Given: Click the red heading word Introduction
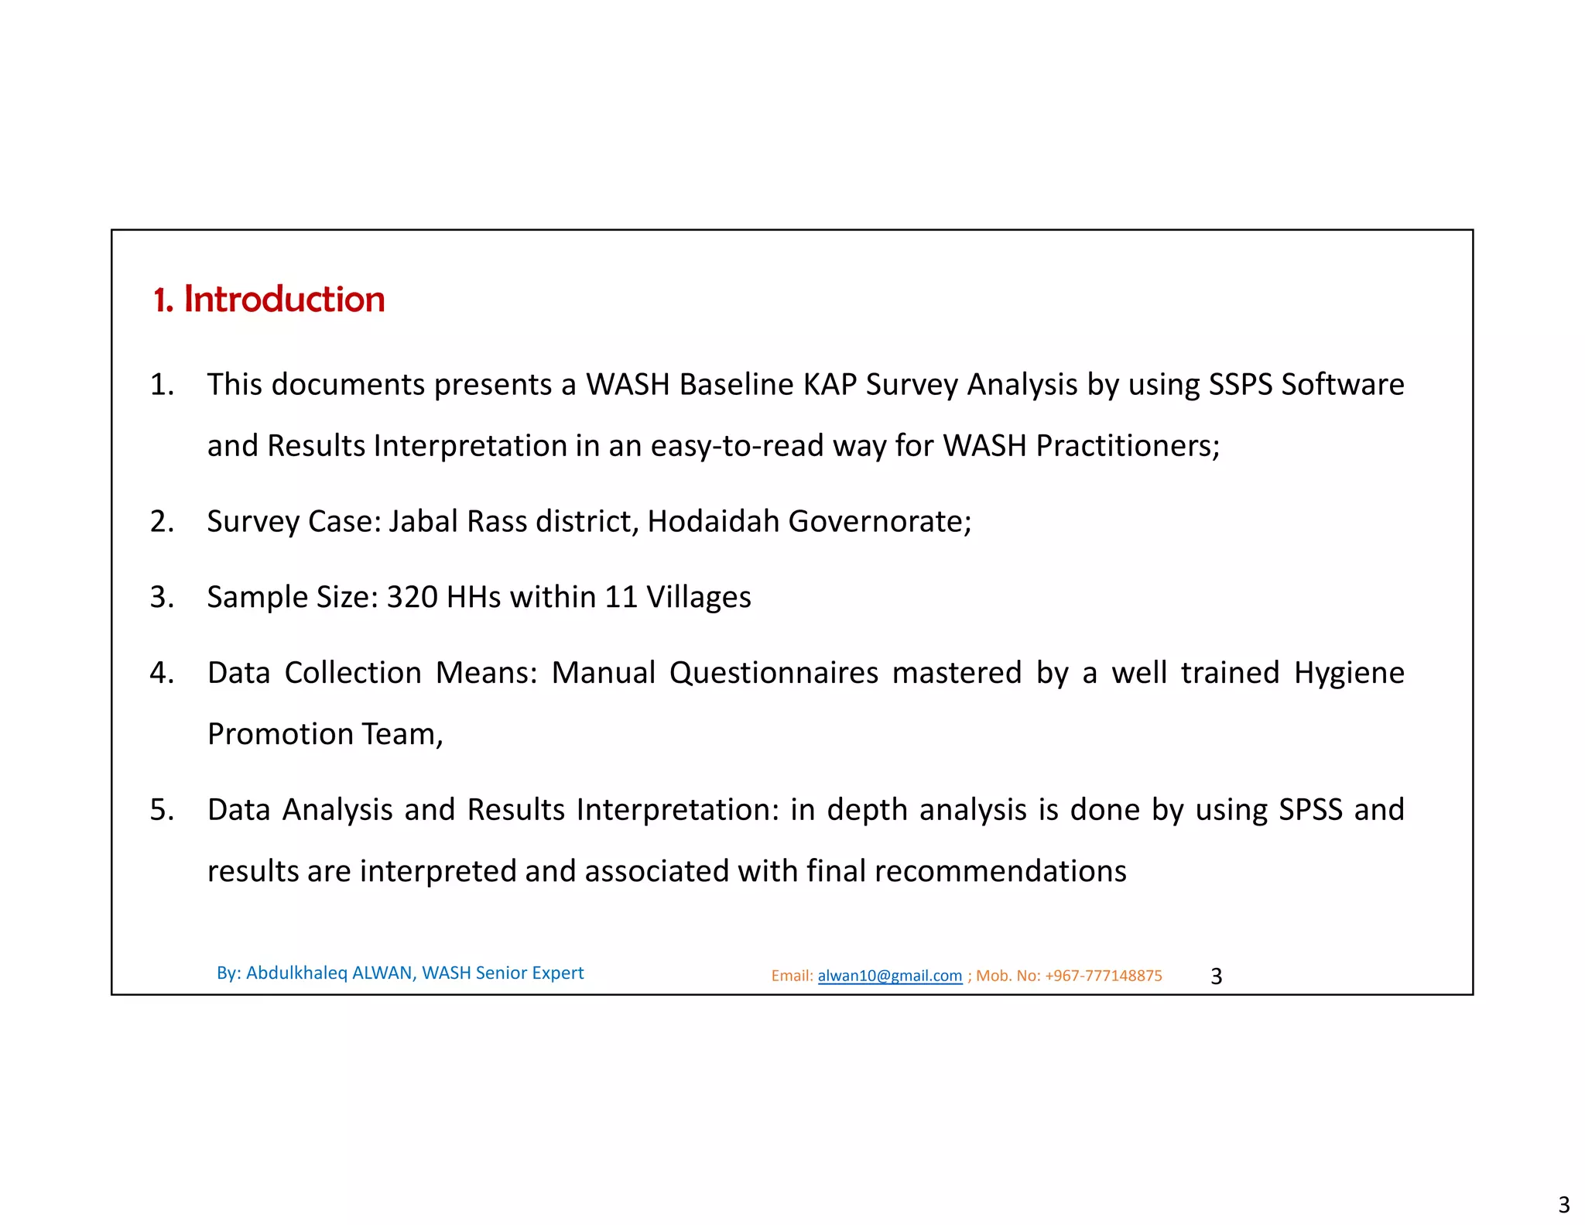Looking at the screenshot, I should (284, 300).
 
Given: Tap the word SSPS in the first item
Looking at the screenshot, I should (1241, 385).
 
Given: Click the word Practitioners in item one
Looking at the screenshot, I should (1126, 446).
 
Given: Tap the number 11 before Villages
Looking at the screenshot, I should (621, 597).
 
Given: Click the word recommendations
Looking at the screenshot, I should (1000, 871).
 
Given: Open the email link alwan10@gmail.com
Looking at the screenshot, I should (889, 976).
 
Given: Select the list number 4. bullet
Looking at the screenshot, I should (162, 673).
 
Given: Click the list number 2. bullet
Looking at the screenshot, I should (162, 522).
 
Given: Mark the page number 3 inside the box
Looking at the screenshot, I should (1216, 976).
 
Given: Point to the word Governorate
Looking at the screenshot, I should (879, 522).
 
